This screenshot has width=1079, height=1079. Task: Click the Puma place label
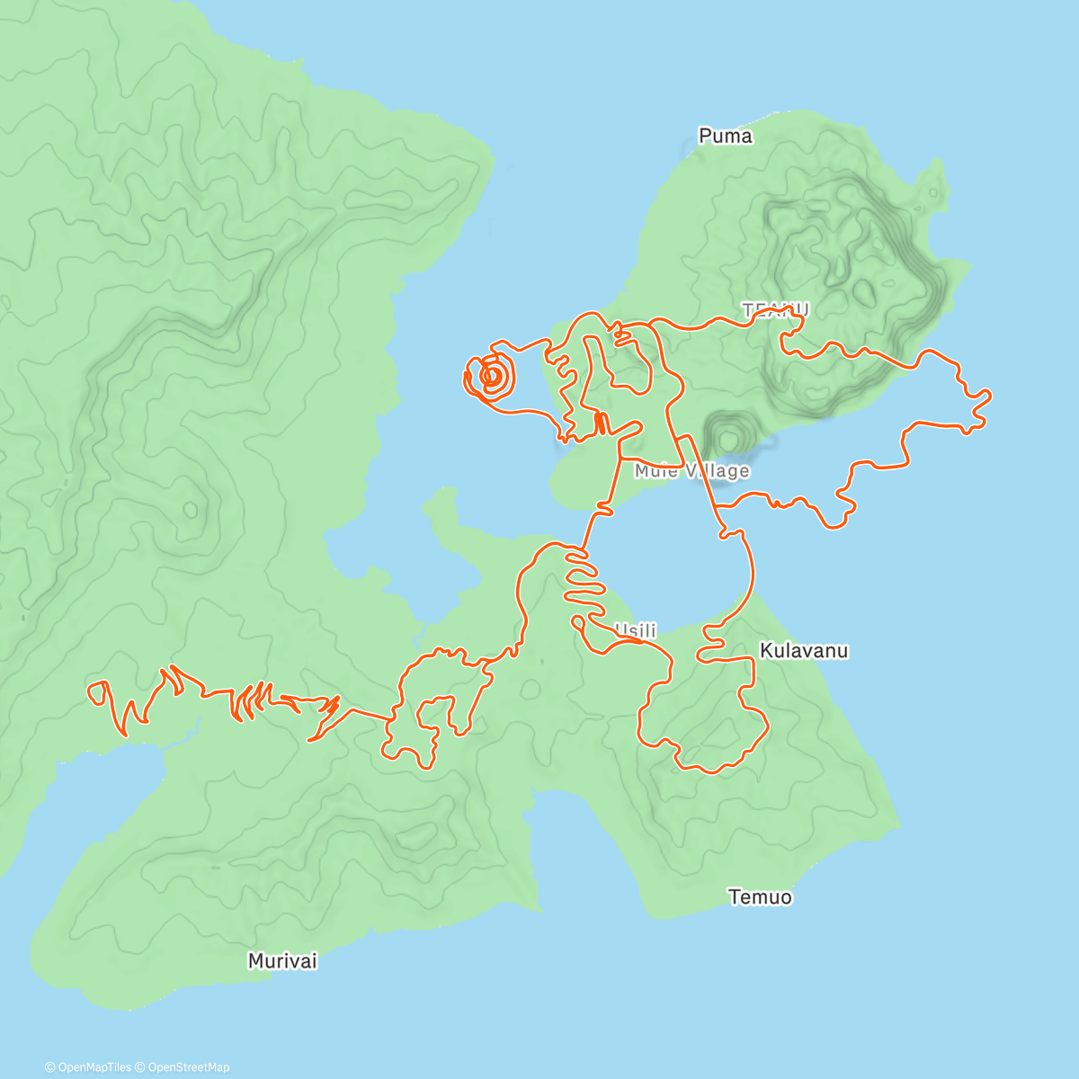pyautogui.click(x=725, y=136)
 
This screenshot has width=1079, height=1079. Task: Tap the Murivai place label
pyautogui.click(x=282, y=961)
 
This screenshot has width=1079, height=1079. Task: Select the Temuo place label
pyautogui.click(x=760, y=896)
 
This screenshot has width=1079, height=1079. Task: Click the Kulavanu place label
pyautogui.click(x=803, y=650)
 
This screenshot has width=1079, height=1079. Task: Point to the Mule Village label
pyautogui.click(x=691, y=471)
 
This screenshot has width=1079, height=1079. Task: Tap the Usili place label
pyautogui.click(x=637, y=631)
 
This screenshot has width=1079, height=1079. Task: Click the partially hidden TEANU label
pyautogui.click(x=775, y=309)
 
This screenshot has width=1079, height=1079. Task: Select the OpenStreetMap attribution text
pyautogui.click(x=189, y=1067)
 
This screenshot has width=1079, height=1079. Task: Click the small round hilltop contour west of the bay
pyautogui.click(x=191, y=511)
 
